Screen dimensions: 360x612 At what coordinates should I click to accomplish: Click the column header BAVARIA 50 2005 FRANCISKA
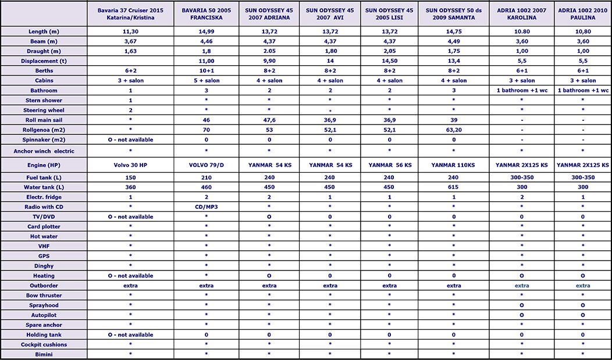[x=207, y=13]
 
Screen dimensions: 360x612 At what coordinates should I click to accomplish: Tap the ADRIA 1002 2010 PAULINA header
[x=582, y=13]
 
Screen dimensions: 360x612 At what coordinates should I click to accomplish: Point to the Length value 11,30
[x=130, y=31]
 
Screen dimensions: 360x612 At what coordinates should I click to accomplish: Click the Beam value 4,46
[x=207, y=41]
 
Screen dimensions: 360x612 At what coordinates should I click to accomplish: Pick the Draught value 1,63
[x=130, y=51]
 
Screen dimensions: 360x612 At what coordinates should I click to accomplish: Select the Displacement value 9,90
[x=269, y=60]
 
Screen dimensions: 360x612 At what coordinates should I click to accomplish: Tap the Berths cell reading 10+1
[x=207, y=70]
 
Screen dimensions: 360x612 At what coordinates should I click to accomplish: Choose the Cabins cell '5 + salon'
[x=207, y=80]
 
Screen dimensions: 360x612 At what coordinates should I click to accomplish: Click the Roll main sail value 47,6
[x=269, y=120]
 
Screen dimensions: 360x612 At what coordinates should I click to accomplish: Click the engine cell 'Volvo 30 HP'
[x=130, y=165]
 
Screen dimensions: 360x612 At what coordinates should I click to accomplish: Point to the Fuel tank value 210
[x=207, y=177]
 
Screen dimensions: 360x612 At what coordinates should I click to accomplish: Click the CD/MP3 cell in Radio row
[x=207, y=206]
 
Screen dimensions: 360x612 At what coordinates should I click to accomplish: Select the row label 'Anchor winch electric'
[x=44, y=151]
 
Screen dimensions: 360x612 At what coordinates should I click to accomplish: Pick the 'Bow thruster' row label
[x=44, y=295]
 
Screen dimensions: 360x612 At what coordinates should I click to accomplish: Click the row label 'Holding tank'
[x=44, y=334]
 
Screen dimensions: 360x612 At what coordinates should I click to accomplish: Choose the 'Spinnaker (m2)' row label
[x=44, y=140]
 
